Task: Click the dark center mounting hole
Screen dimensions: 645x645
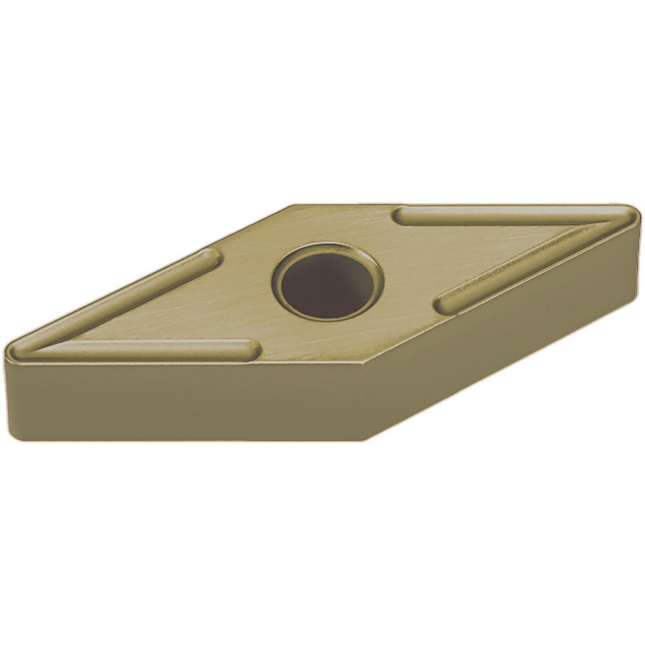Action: pyautogui.click(x=326, y=284)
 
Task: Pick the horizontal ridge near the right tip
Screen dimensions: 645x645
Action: pyautogui.click(x=503, y=216)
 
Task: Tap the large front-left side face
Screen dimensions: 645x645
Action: pyautogui.click(x=181, y=400)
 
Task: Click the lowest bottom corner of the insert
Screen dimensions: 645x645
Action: pyautogui.click(x=365, y=440)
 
